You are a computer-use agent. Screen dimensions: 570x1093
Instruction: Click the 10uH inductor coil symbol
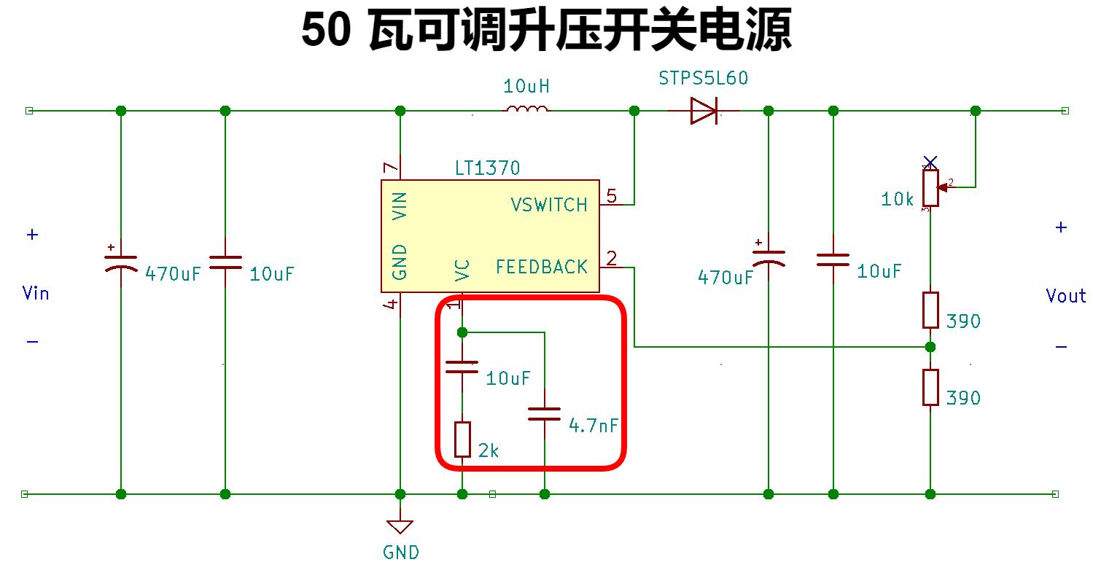[x=527, y=110]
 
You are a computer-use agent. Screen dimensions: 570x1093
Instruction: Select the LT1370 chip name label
[x=487, y=168]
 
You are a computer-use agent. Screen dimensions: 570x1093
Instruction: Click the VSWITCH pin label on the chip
[x=549, y=205]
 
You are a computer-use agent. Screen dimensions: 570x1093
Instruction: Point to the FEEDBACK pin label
[x=541, y=268]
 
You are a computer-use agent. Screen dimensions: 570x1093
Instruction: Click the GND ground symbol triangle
[x=400, y=526]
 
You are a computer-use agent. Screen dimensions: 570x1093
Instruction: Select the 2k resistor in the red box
[x=462, y=440]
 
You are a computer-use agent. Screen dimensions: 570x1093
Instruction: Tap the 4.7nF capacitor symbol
[x=544, y=414]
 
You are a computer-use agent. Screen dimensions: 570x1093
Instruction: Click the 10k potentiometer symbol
[x=930, y=187]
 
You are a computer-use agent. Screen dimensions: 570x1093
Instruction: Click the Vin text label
[x=36, y=293]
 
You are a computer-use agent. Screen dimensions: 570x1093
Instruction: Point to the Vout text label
[x=1065, y=296]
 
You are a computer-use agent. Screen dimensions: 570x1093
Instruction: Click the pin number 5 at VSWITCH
[x=611, y=195]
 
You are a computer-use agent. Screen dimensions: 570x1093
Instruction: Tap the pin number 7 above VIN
[x=392, y=168]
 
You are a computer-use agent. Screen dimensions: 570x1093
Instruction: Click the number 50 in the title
[x=325, y=32]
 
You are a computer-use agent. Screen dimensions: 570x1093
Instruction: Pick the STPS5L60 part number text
[x=703, y=78]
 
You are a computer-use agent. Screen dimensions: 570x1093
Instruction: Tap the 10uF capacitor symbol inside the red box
[x=462, y=367]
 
